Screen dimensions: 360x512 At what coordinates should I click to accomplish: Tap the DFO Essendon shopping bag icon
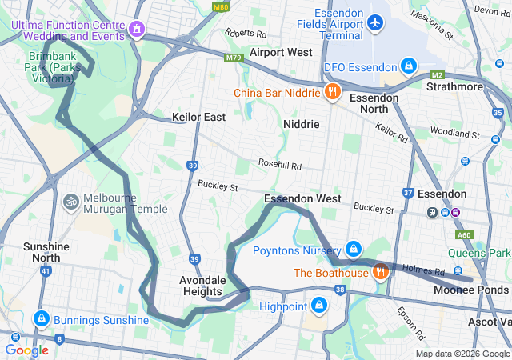coord(409,65)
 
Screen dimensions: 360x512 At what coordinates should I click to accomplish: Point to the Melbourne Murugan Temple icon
coord(71,202)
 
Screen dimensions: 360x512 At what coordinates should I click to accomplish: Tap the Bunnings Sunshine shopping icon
coord(39,320)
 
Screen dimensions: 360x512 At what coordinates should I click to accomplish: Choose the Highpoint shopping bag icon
coord(318,306)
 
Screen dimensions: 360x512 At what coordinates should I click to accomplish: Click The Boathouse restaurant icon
coord(381,272)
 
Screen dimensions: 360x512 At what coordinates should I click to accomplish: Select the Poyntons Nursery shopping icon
coord(353,250)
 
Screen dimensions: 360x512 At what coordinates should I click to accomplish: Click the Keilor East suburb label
coord(198,117)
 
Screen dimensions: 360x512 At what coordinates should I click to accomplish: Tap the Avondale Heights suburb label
coord(202,285)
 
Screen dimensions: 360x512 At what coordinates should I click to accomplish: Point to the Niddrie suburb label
coord(301,125)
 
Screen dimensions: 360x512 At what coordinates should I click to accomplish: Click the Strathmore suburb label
coord(455,86)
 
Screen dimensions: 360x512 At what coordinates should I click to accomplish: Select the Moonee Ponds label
coord(470,289)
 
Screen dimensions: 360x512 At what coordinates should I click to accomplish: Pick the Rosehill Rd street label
coord(279,166)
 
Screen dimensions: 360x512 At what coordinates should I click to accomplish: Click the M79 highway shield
coord(234,58)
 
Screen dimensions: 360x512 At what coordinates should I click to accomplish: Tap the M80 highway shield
coord(222,7)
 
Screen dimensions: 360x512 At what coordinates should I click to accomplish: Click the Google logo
coord(26,350)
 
